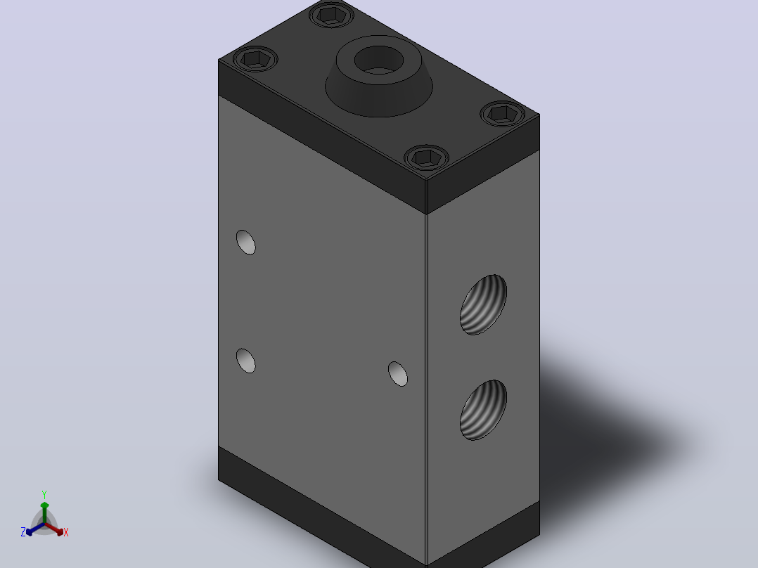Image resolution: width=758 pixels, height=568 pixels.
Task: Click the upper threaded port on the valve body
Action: tap(483, 304)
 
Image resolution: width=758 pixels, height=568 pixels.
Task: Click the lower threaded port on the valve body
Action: tap(483, 410)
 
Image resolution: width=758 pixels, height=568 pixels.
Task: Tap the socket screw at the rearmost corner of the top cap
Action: tap(331, 15)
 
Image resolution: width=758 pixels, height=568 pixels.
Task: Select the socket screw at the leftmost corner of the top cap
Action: tap(255, 59)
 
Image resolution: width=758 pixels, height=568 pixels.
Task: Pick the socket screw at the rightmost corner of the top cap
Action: tap(503, 114)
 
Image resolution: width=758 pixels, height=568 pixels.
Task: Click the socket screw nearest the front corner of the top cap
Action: tap(426, 157)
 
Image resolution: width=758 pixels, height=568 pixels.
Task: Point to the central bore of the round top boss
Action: tap(378, 60)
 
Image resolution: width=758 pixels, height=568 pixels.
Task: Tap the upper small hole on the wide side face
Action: tap(245, 243)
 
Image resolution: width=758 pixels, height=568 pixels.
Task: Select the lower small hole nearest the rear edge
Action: tap(245, 361)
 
